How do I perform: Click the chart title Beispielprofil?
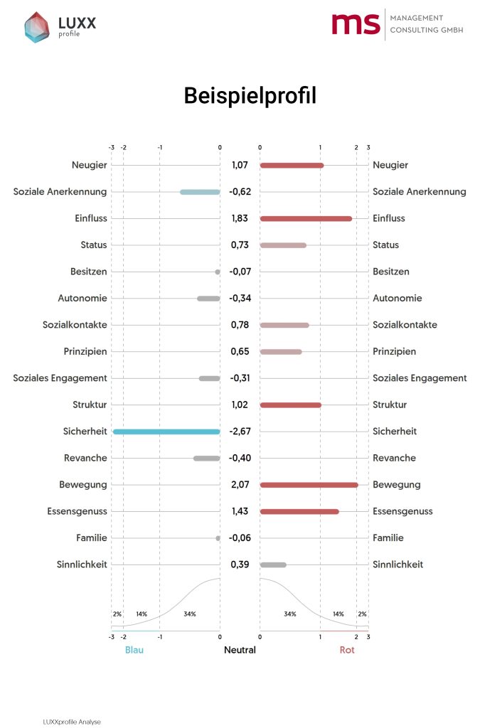pyautogui.click(x=240, y=96)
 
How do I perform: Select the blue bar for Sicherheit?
pyautogui.click(x=166, y=432)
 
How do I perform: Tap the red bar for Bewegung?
pyautogui.click(x=309, y=485)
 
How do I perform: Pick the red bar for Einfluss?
pyautogui.click(x=306, y=218)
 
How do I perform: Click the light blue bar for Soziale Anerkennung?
pyautogui.click(x=200, y=192)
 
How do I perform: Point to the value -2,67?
pyautogui.click(x=240, y=432)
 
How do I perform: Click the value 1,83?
pyautogui.click(x=240, y=218)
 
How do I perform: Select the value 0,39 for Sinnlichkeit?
pyautogui.click(x=240, y=564)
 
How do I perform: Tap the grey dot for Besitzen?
pyautogui.click(x=218, y=272)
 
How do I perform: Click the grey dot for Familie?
pyautogui.click(x=218, y=538)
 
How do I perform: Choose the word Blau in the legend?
pyautogui.click(x=134, y=650)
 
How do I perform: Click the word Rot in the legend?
pyautogui.click(x=347, y=650)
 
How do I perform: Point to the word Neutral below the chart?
pyautogui.click(x=240, y=650)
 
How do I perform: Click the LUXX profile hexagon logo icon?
pyautogui.click(x=37, y=27)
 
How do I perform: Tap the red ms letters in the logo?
pyautogui.click(x=356, y=24)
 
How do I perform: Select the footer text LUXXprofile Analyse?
pyautogui.click(x=72, y=722)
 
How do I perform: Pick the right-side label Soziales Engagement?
pyautogui.click(x=420, y=378)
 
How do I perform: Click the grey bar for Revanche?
pyautogui.click(x=207, y=459)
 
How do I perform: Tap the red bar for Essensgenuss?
pyautogui.click(x=299, y=511)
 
